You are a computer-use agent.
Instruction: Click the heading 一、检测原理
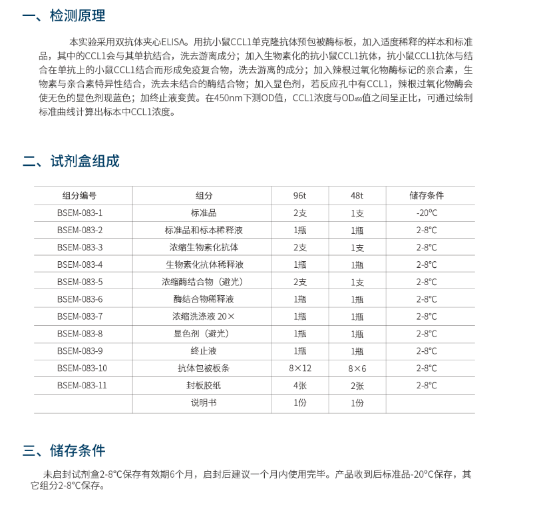coord(64,16)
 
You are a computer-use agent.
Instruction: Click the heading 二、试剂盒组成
coord(71,161)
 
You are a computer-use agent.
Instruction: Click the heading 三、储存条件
coord(64,451)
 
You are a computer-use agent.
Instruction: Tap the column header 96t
coord(300,196)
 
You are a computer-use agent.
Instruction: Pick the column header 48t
coord(357,196)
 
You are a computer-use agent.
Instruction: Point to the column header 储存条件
coord(427,196)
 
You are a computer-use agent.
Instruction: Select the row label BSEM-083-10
coord(82,368)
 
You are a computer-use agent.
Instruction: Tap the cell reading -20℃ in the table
coord(427,213)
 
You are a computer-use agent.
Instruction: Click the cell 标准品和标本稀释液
coord(204,231)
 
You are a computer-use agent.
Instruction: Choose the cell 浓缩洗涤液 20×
coord(204,316)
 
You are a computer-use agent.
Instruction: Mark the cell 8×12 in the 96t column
coord(300,368)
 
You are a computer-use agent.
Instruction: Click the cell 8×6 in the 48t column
coord(357,368)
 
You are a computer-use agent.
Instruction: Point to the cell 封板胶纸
coord(204,386)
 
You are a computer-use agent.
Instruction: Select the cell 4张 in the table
coord(300,386)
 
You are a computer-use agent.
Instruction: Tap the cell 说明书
coord(204,403)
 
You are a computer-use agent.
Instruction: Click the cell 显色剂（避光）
coord(204,334)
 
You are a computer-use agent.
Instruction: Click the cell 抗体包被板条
coord(204,368)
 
